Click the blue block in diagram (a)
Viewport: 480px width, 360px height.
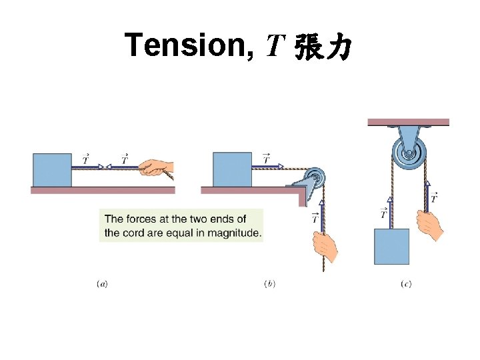click(x=52, y=171)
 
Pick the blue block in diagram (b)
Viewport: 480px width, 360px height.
click(x=232, y=170)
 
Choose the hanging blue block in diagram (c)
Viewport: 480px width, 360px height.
click(x=391, y=247)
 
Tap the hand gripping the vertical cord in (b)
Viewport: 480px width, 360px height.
click(x=326, y=247)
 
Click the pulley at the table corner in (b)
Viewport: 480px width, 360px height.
click(x=311, y=181)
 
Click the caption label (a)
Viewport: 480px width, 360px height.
click(x=102, y=284)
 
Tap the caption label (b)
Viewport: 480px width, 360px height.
click(x=269, y=284)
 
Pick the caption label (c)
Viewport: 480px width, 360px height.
click(x=406, y=284)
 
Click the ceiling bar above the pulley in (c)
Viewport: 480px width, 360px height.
click(x=408, y=122)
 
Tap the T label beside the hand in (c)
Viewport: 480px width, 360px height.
click(x=434, y=197)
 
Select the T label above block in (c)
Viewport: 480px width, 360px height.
click(x=383, y=213)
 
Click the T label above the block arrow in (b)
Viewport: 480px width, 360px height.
click(x=266, y=158)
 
